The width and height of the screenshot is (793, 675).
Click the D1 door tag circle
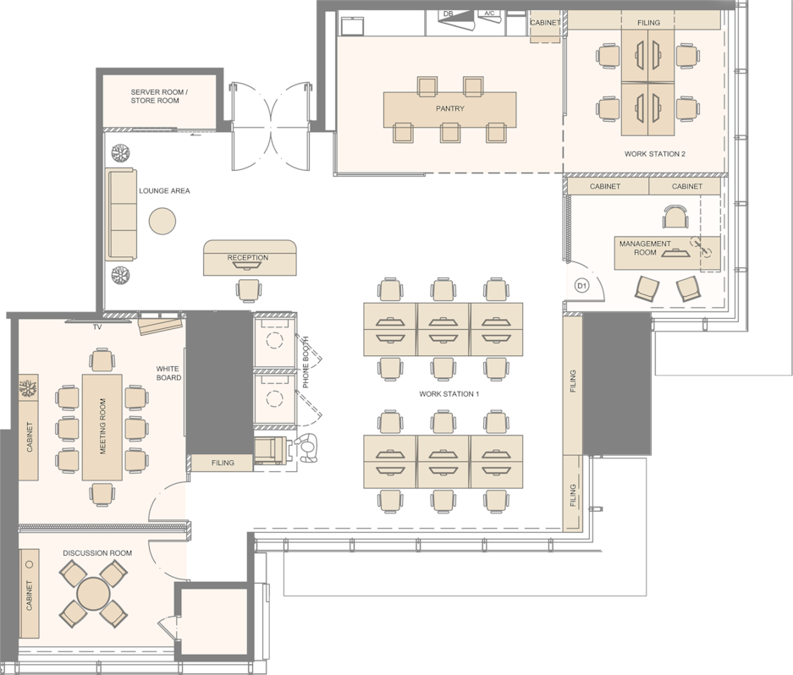click(x=582, y=286)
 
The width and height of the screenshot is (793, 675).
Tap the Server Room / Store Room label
click(x=159, y=96)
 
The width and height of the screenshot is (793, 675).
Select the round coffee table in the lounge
click(x=162, y=221)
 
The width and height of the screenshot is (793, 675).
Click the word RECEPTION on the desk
click(x=248, y=257)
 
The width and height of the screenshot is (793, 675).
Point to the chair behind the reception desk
click(x=249, y=291)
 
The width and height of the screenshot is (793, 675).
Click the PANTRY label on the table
click(x=450, y=108)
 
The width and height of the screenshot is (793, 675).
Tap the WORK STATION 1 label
click(x=449, y=393)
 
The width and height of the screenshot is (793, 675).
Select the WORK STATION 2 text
click(x=655, y=154)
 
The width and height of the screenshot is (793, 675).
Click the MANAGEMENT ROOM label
click(x=646, y=248)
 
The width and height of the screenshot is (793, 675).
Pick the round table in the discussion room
click(x=93, y=594)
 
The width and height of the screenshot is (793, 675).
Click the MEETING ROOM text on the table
click(x=102, y=426)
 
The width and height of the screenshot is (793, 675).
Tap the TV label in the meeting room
click(x=97, y=327)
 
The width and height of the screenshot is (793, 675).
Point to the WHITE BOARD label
click(x=168, y=373)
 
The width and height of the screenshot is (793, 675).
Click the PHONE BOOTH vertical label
click(x=306, y=363)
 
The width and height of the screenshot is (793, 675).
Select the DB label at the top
click(x=448, y=14)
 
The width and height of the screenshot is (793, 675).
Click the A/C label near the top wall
click(x=489, y=14)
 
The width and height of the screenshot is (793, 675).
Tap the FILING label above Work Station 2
click(x=648, y=22)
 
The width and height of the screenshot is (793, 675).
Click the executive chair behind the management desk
click(x=675, y=217)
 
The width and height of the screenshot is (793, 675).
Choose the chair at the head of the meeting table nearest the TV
click(x=102, y=360)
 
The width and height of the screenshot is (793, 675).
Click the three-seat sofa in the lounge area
click(x=121, y=214)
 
